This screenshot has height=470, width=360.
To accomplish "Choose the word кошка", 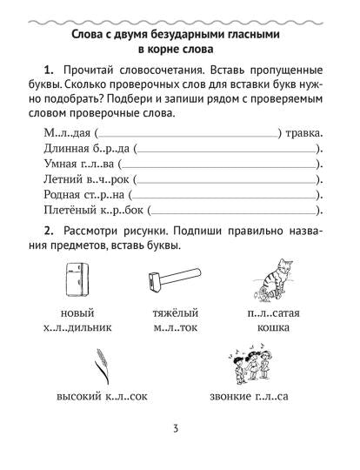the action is point(263,328).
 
